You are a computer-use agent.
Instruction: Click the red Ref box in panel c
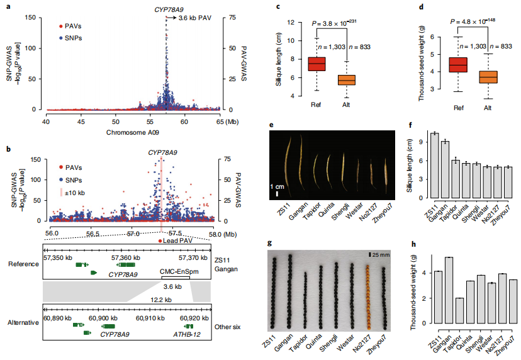317,64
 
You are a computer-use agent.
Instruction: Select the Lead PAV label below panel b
179,240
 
